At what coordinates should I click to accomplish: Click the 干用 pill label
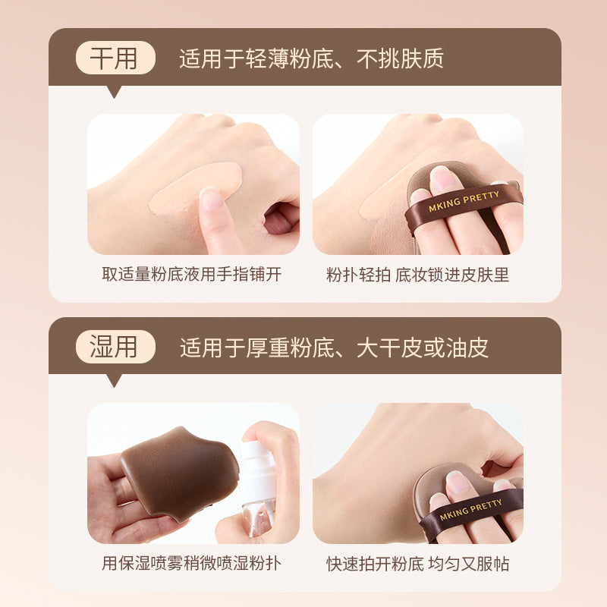(115, 58)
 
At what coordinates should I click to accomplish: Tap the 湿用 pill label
(115, 347)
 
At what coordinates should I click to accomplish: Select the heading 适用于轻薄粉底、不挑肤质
(311, 58)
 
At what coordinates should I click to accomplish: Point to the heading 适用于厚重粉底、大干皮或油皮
(334, 348)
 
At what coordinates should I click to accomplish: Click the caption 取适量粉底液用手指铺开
(192, 274)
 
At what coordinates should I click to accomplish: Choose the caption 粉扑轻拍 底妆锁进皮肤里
(417, 275)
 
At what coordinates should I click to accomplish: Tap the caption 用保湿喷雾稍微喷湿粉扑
(192, 563)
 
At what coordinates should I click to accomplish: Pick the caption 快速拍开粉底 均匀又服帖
(417, 564)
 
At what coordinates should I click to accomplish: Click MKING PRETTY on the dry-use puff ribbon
(464, 201)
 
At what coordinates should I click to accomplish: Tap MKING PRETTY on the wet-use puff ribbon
(470, 509)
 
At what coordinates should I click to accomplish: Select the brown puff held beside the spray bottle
(178, 472)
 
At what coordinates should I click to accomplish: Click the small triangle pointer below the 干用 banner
(114, 92)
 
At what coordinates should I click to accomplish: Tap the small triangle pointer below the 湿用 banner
(114, 381)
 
